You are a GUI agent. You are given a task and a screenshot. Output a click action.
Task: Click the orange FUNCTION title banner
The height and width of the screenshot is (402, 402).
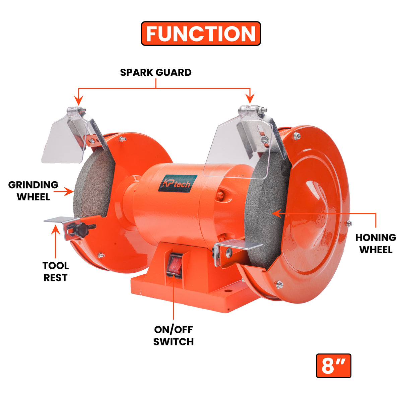pos(201,33)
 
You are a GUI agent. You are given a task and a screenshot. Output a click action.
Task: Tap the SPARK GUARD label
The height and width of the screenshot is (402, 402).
pos(156,72)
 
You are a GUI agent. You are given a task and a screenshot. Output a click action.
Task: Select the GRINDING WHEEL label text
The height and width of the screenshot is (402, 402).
pos(33,191)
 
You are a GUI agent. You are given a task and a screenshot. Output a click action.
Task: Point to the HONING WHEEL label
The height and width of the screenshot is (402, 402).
pos(376,244)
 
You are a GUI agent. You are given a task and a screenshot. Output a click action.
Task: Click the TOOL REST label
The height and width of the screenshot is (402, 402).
pos(56,272)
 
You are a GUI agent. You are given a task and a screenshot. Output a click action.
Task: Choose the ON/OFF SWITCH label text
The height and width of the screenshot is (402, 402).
pos(174,336)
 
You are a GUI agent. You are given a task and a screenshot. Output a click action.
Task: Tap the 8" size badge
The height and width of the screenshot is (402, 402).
pos(334,366)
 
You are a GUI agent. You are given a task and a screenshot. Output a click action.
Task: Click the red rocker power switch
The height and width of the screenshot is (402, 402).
pos(174,265)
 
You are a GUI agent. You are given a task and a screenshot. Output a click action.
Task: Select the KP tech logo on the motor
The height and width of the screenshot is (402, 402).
pos(178,184)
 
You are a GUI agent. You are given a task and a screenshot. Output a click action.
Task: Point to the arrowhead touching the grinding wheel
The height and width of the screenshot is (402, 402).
pos(69,191)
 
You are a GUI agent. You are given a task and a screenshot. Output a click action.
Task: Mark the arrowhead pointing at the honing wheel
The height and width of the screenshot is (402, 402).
pos(277,213)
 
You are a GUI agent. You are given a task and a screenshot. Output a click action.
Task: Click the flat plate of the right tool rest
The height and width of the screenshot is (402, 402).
pos(239,245)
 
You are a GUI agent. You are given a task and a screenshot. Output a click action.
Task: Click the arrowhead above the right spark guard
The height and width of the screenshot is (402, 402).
pos(250,98)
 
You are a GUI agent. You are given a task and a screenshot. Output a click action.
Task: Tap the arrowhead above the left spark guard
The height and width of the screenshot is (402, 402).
pos(79,100)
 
